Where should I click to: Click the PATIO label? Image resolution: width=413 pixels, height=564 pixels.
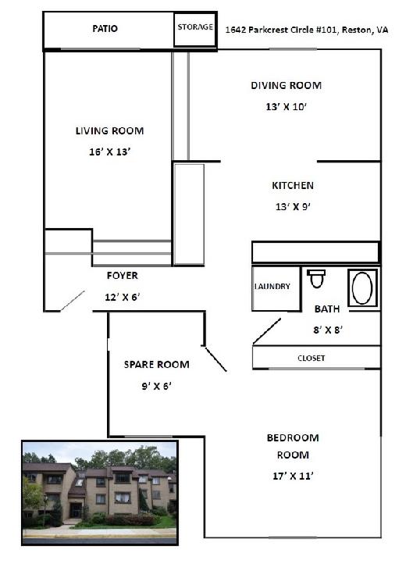pos(105,29)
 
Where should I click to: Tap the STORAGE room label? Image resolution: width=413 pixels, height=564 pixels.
pos(195,27)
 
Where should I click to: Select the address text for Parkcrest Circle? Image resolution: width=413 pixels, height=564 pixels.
pos(307,30)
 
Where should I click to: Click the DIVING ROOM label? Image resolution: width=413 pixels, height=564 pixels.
pos(286,86)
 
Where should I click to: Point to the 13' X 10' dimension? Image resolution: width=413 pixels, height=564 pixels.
pos(286,107)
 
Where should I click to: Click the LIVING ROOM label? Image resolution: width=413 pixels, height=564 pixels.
pos(109,130)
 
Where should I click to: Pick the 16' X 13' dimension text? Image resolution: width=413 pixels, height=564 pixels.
pos(109,152)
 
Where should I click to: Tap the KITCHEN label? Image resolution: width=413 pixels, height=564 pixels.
pos(293,186)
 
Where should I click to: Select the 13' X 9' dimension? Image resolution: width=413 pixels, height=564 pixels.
pos(293,207)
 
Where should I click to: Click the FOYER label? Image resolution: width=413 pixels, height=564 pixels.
pos(123,276)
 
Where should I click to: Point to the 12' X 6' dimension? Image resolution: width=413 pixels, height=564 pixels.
pos(123,297)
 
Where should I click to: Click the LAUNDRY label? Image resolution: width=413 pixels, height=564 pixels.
pos(272,287)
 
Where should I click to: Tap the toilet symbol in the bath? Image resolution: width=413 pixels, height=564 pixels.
pos(316,279)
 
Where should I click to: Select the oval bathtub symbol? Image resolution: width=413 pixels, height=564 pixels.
pos(362,288)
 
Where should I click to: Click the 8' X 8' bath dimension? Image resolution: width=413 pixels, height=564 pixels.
pos(327,330)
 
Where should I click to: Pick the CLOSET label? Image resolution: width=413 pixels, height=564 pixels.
pos(312,359)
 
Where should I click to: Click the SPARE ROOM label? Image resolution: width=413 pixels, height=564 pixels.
pos(156,364)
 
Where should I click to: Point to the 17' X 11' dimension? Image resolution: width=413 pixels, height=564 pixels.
pos(293,476)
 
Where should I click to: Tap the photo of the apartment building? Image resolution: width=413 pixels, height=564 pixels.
pos(100,493)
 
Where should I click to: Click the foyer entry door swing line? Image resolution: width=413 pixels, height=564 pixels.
pos(73,300)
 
